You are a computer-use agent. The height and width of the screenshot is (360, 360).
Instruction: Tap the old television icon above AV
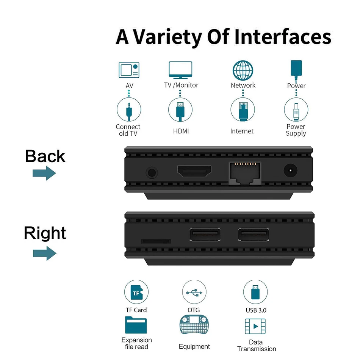129,70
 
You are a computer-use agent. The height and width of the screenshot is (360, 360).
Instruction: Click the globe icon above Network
243,70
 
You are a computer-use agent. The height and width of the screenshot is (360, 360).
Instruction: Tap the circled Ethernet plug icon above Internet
243,110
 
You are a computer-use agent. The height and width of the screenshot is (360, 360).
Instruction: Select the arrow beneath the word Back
44,174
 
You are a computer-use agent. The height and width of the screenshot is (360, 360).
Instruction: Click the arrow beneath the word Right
44,253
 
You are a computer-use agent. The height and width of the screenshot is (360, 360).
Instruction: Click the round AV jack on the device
152,173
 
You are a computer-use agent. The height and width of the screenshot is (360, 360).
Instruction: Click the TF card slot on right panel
156,241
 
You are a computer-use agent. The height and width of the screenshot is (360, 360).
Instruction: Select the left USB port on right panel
205,235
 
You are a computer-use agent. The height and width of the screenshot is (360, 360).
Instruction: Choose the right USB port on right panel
254,235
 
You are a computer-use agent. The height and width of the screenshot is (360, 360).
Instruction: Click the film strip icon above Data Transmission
255,327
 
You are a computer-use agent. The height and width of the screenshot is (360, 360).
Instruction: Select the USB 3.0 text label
256,310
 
